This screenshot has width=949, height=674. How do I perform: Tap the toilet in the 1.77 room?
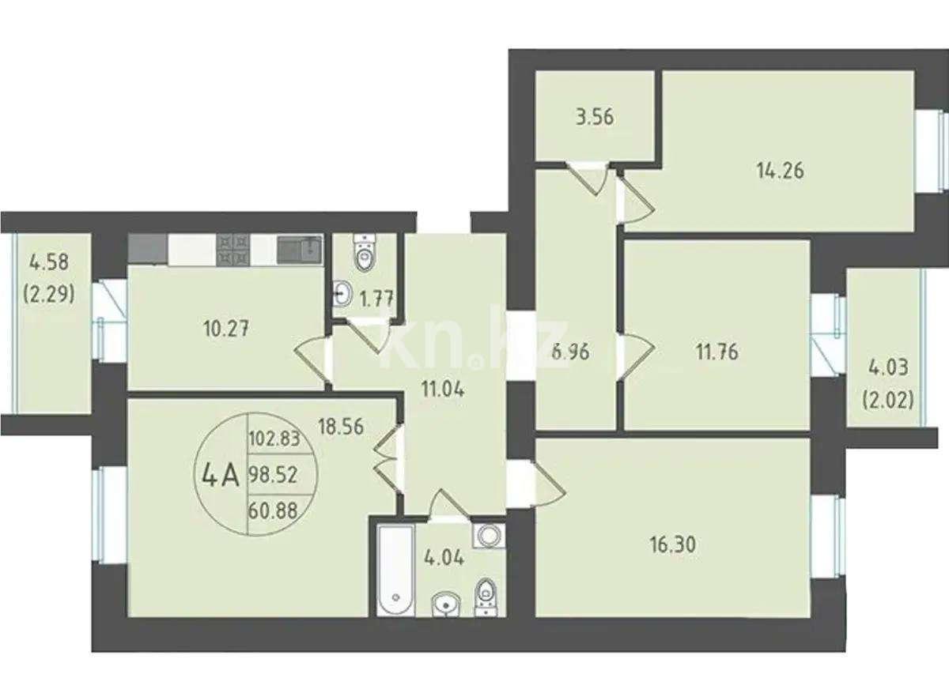[x=364, y=254]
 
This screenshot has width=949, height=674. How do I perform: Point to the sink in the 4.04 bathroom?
[x=447, y=604]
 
